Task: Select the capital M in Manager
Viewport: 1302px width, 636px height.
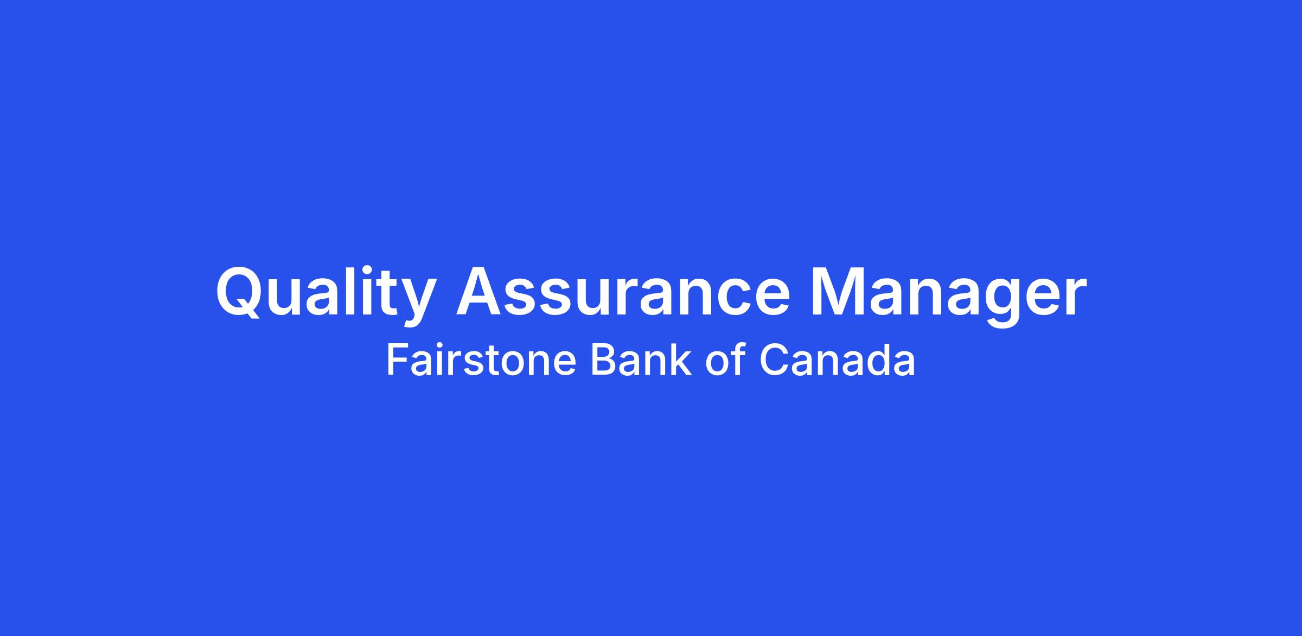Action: click(838, 291)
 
